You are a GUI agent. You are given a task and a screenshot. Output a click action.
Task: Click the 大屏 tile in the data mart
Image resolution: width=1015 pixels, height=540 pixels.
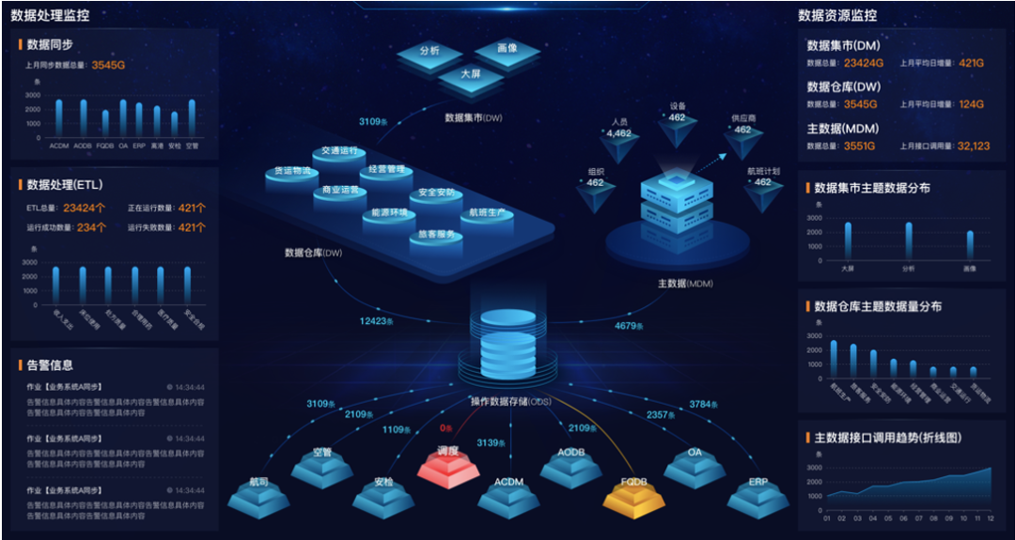pyautogui.click(x=471, y=75)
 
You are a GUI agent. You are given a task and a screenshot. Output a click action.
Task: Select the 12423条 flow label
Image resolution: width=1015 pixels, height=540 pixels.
pyautogui.click(x=377, y=321)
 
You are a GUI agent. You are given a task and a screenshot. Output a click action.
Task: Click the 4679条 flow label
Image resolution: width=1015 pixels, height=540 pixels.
pyautogui.click(x=630, y=326)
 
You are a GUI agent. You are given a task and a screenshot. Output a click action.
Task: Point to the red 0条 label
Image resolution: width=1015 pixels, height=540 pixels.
pyautogui.click(x=446, y=428)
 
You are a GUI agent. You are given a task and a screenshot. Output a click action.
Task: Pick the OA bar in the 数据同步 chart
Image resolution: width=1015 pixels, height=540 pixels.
pyautogui.click(x=123, y=118)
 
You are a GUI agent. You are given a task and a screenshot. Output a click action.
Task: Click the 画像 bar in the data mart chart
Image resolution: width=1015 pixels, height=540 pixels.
pyautogui.click(x=970, y=244)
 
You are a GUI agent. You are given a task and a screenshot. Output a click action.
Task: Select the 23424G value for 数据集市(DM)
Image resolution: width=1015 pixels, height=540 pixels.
pyautogui.click(x=864, y=63)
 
